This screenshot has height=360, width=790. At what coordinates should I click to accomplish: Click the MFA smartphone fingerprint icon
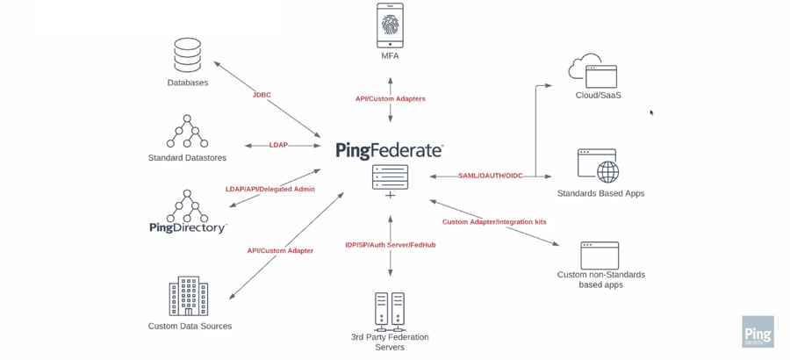click(x=390, y=25)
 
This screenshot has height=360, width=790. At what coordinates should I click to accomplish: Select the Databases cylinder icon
click(x=187, y=55)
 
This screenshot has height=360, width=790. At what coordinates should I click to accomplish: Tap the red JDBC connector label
click(x=262, y=95)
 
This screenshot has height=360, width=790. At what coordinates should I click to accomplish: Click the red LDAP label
click(x=278, y=145)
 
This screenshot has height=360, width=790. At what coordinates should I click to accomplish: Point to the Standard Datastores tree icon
click(x=187, y=132)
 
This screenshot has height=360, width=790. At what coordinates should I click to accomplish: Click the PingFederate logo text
click(x=389, y=151)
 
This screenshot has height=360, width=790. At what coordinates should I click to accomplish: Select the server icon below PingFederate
click(x=390, y=179)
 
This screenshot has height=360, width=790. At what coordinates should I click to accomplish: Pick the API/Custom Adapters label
click(x=390, y=99)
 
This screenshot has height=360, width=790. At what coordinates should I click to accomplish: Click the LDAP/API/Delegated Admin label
click(x=269, y=189)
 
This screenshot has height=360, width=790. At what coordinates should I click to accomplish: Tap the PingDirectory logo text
click(x=187, y=228)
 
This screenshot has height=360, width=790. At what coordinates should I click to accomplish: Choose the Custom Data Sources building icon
click(x=188, y=297)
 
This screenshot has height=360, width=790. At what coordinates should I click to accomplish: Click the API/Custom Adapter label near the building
click(x=280, y=251)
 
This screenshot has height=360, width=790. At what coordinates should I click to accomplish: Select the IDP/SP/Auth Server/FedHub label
click(x=390, y=245)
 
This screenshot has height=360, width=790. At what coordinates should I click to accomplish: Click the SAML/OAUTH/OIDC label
click(x=490, y=176)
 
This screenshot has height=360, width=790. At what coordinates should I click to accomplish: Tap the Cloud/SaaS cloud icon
click(x=593, y=71)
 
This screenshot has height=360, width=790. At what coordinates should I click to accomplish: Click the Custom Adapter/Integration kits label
click(x=494, y=222)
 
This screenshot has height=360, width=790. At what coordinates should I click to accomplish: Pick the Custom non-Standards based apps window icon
click(x=600, y=256)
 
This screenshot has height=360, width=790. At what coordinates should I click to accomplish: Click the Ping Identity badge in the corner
click(x=757, y=333)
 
